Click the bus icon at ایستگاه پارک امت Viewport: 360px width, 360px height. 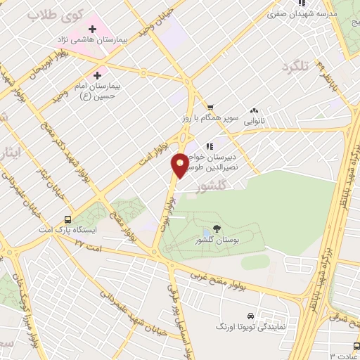(x=67, y=219)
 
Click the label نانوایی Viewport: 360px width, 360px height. (x=257, y=122)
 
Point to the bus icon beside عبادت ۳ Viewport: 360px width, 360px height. (x=356, y=345)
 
